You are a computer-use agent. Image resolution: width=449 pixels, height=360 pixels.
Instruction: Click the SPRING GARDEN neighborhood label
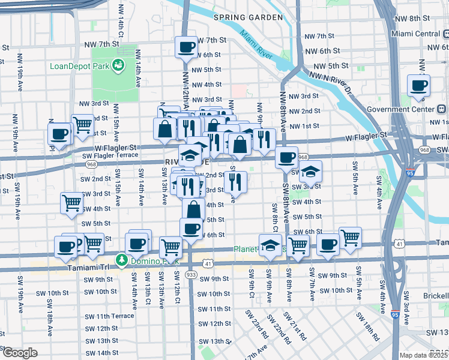(248, 17)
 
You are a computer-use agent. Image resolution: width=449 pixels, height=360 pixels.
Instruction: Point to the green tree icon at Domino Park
(122, 260)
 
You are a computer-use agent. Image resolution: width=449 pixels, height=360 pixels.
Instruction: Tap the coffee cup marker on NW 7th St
(186, 46)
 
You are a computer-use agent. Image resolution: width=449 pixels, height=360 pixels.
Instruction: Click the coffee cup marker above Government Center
(418, 85)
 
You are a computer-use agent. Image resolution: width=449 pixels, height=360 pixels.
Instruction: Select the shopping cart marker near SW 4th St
(72, 203)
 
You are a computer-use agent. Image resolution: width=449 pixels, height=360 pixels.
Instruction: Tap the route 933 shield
(191, 274)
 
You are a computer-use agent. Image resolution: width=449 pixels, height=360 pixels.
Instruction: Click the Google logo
(20, 353)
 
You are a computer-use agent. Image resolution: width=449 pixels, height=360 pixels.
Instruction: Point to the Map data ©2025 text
(424, 355)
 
